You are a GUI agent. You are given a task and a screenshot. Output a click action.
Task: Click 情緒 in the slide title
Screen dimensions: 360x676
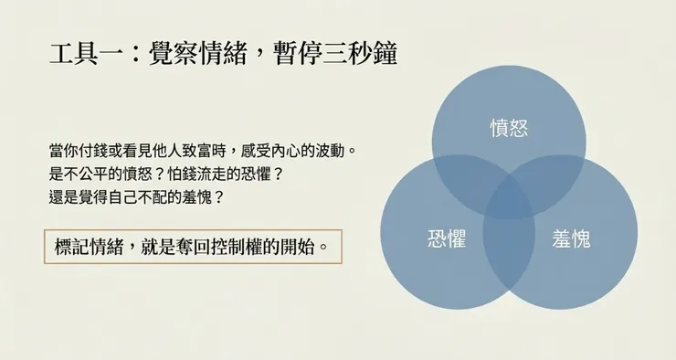pyautogui.click(x=224, y=54)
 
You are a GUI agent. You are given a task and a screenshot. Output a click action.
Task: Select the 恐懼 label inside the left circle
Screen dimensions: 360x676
pyautogui.click(x=447, y=239)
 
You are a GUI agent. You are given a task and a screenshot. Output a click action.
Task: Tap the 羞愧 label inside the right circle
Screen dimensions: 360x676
pyautogui.click(x=571, y=239)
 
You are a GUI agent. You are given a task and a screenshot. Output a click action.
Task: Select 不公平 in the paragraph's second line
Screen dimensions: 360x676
pyautogui.click(x=95, y=172)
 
